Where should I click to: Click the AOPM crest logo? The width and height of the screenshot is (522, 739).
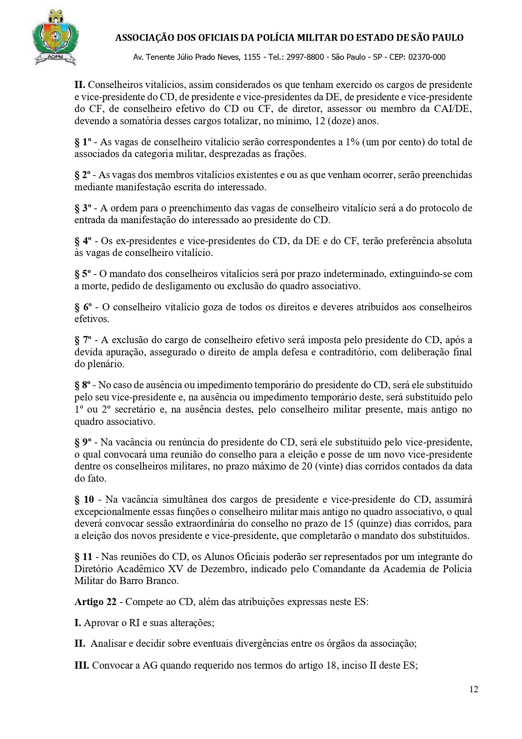click(x=54, y=38)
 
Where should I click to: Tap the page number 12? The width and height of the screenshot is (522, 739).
click(x=474, y=689)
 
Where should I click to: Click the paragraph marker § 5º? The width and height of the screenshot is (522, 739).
click(x=83, y=274)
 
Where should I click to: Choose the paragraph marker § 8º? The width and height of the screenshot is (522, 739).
click(x=83, y=385)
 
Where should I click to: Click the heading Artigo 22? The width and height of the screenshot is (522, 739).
click(x=95, y=602)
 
